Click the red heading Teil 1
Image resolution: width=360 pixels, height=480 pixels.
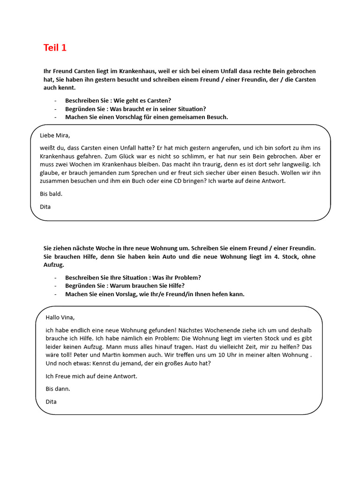55,47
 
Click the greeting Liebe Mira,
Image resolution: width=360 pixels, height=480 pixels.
54,136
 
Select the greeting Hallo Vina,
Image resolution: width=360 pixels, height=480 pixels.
60,317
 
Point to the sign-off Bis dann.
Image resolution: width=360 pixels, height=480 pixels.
58,389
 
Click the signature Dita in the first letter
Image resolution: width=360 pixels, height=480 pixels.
45,206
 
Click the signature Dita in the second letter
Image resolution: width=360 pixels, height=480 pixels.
51,401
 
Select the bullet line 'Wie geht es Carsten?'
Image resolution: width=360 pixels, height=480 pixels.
118,100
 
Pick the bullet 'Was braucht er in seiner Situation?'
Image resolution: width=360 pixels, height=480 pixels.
135,109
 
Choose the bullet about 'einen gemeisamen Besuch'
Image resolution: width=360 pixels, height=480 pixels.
146,117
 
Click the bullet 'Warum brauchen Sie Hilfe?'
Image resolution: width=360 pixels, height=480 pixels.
125,285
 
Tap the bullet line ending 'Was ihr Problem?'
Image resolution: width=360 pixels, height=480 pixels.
133,277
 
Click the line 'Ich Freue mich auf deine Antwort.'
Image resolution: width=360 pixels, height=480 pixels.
91,376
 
